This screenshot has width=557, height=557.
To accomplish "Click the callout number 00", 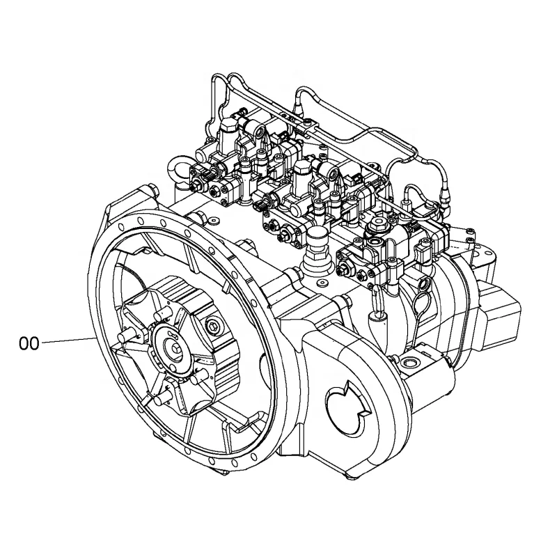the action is [29, 343].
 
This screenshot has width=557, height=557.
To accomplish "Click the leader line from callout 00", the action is [68, 341].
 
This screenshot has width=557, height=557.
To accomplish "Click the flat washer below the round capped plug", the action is [323, 283].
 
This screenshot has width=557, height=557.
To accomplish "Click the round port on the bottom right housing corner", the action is [408, 363].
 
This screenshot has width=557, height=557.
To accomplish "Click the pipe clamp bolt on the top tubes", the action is [307, 123].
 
